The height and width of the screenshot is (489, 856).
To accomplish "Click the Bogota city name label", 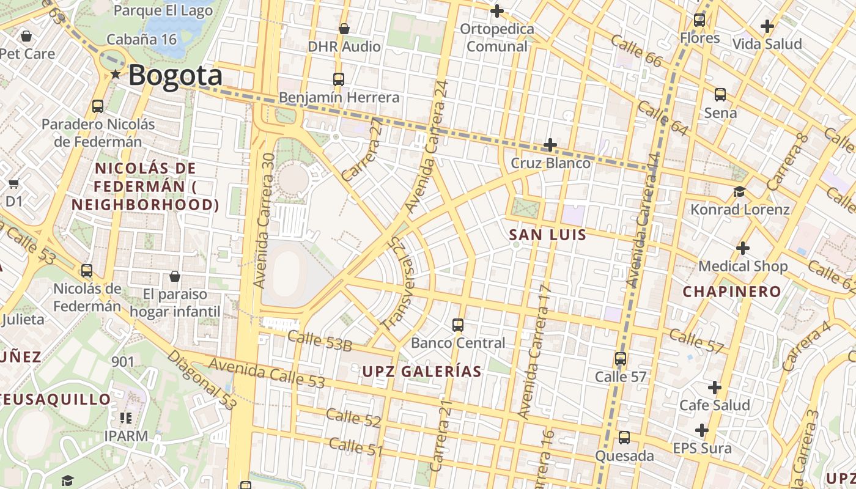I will pos(175,76).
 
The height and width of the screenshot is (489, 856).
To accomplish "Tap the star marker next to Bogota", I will pos(116,75).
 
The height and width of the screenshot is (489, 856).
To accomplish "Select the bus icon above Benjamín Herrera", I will pos(338,79).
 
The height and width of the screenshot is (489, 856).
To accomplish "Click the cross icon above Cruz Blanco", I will pos(550,145).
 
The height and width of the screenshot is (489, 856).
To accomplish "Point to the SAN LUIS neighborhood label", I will pos(548,235).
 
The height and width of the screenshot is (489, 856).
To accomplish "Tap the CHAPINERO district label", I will pos(732,292).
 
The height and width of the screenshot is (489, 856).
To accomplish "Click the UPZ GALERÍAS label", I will pos(422,372).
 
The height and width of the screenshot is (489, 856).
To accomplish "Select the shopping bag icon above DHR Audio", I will pos(344,29).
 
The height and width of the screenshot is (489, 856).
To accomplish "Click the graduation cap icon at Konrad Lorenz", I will pos(739,192).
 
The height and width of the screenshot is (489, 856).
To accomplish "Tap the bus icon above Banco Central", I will pos(457,325).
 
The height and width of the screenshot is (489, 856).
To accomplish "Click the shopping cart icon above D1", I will pos(14,183).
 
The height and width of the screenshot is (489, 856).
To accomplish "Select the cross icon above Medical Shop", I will pos(742,248).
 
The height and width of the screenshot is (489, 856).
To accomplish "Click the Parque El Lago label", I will pos(163,10).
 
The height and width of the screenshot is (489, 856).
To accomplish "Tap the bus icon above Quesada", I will pos(624,438).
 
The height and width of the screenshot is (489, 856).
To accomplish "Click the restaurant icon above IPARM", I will pos(126,418).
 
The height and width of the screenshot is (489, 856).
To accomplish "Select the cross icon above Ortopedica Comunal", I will pos(496,11).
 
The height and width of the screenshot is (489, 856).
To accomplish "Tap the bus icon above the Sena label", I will pos(720,95).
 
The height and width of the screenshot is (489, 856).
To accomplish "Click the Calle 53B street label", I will pos(320,341).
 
